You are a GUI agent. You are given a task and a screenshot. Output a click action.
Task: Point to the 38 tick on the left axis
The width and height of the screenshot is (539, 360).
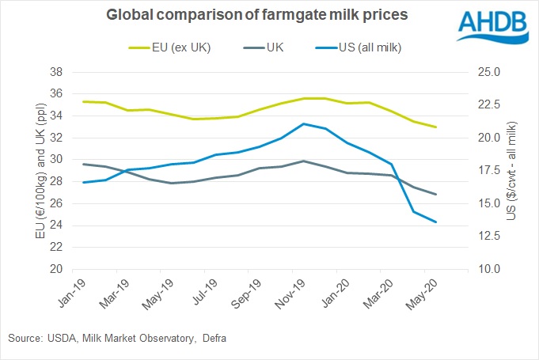(x=56, y=72)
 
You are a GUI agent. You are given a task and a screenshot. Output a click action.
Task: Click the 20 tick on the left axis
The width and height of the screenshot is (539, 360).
(x=56, y=269)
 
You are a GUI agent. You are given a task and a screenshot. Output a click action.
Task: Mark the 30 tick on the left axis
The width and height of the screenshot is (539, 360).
(x=56, y=160)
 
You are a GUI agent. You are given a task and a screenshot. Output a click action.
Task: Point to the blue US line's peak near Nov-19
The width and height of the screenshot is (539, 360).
(x=304, y=123)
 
